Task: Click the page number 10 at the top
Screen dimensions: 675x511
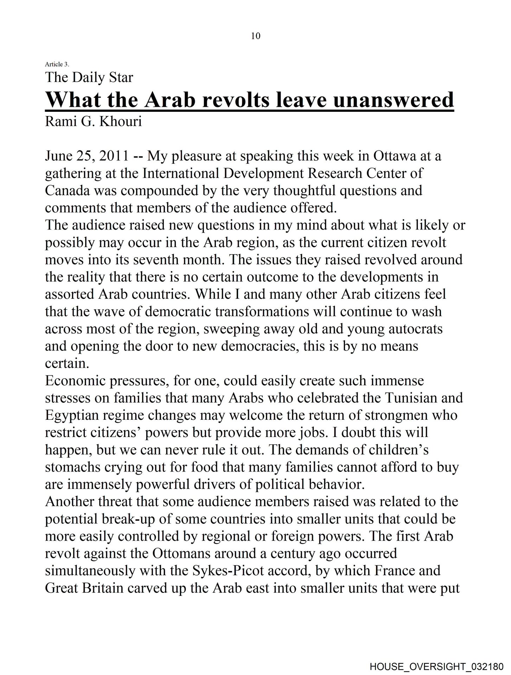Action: [256, 36]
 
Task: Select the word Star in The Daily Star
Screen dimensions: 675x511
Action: [121, 78]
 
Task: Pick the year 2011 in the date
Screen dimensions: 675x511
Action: [114, 156]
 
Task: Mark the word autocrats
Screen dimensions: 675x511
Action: [415, 329]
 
